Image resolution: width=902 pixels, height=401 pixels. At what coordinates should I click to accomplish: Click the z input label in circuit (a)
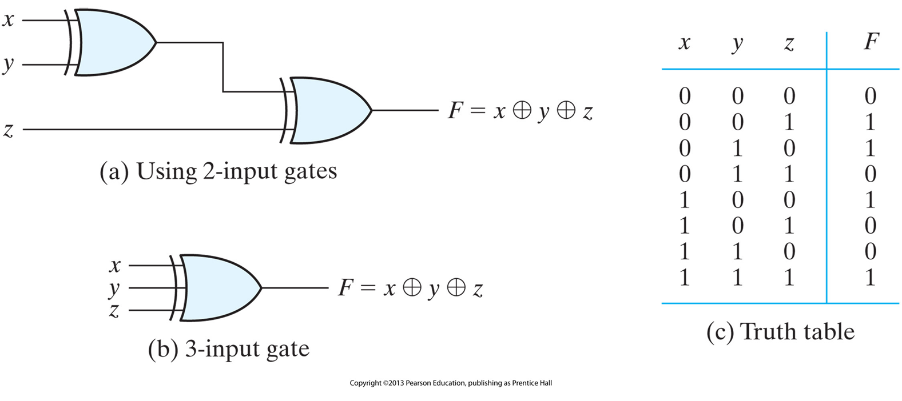[x=8, y=130]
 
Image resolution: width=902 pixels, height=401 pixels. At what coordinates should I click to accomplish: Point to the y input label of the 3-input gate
[x=114, y=289]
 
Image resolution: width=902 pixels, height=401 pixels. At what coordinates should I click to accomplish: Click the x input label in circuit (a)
[x=8, y=20]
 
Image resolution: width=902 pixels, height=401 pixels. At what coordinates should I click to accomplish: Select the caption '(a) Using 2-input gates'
[x=218, y=171]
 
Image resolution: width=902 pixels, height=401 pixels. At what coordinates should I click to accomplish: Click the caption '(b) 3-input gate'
[x=228, y=349]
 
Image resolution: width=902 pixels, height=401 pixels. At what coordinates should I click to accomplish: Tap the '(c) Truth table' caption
[x=780, y=332]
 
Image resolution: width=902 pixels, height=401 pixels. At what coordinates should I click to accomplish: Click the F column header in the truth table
[x=871, y=42]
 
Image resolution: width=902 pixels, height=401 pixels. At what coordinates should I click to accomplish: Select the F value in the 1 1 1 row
[x=870, y=278]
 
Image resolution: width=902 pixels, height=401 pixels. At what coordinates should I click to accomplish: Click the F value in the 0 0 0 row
[x=870, y=96]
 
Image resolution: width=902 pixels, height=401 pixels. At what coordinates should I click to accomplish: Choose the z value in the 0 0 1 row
[x=789, y=122]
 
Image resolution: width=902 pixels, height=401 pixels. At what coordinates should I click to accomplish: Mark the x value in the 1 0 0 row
[x=684, y=200]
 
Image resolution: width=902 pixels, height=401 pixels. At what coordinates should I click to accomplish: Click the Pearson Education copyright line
[x=451, y=383]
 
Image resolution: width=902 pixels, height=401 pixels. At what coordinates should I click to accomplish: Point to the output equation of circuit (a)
[x=520, y=110]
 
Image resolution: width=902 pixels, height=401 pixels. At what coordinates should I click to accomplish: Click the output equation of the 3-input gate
[x=410, y=288]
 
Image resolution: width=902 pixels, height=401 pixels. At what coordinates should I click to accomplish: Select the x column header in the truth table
[x=684, y=43]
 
